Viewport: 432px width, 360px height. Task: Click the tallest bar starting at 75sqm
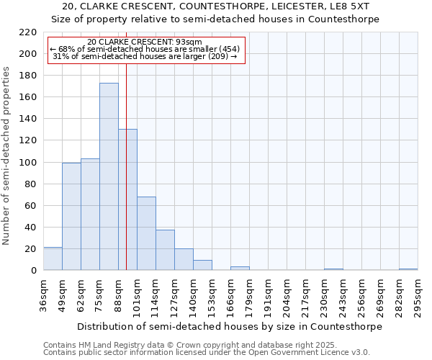(109, 176)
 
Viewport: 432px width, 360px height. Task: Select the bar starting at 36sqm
(53, 258)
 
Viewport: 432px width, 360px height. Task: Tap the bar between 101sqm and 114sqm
(146, 233)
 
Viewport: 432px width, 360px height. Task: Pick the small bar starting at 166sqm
(240, 269)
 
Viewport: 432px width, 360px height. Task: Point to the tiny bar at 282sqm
(408, 269)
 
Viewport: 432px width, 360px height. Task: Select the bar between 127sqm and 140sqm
(184, 259)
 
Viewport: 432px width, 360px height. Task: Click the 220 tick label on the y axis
(27, 32)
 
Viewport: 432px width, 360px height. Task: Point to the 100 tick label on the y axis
(27, 162)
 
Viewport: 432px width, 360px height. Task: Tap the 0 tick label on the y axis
(33, 271)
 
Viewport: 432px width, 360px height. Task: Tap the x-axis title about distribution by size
(229, 326)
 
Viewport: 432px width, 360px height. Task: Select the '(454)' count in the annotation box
(225, 49)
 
